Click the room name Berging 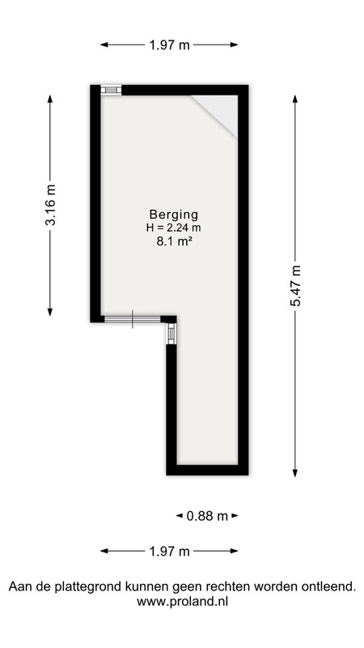click(174, 215)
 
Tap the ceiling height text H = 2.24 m click(174, 228)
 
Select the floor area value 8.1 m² click(174, 241)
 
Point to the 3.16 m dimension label click(50, 206)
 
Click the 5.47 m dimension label click(295, 285)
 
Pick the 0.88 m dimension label click(207, 516)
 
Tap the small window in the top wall click(111, 90)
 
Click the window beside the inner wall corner click(171, 334)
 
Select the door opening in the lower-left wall click(132, 319)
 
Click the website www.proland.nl click(183, 601)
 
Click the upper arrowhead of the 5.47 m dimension click(295, 99)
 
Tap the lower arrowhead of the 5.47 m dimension click(295, 473)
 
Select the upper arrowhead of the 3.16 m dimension click(50, 99)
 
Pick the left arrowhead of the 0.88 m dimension click(180, 516)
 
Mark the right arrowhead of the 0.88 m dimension click(235, 516)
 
